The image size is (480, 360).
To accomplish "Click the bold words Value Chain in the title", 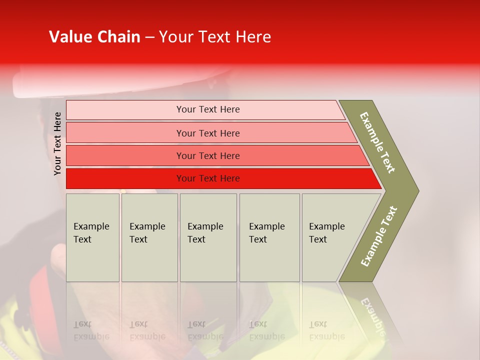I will click(94, 37).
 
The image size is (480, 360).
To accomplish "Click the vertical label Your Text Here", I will click(57, 143).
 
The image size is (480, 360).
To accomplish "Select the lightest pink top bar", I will click(125, 110).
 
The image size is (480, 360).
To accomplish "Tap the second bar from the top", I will click(125, 133).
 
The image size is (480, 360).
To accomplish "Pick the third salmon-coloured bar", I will click(125, 155).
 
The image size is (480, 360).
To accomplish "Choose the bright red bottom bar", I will click(125, 178).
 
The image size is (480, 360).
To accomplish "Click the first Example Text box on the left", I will click(92, 237).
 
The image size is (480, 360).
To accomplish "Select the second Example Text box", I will click(149, 237).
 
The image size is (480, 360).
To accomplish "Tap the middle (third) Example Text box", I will click(208, 237).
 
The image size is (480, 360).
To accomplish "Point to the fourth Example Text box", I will click(269, 237).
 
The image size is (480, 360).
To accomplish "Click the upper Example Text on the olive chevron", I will click(377, 142).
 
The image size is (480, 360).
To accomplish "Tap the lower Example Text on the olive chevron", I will click(378, 236).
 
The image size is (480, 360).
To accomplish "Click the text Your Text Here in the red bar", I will click(208, 178).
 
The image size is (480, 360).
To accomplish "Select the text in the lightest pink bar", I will click(208, 109).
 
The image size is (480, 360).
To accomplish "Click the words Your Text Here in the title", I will click(215, 37).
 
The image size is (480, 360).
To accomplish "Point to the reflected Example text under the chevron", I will click(372, 315).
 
